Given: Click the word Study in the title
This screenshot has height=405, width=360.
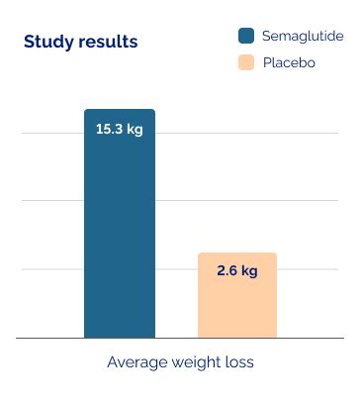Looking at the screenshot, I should [45, 42].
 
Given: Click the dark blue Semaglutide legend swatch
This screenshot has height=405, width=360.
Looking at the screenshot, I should [246, 36].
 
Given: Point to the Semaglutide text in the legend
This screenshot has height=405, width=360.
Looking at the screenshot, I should [303, 36].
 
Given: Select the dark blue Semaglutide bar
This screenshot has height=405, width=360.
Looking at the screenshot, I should [120, 238].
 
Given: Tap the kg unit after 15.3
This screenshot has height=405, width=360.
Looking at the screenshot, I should [135, 129].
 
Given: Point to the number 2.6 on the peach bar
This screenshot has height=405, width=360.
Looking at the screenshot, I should [226, 270].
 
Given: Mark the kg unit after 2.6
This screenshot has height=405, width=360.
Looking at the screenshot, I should [249, 270].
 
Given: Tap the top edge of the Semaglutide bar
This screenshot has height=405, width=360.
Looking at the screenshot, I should [120, 110].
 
